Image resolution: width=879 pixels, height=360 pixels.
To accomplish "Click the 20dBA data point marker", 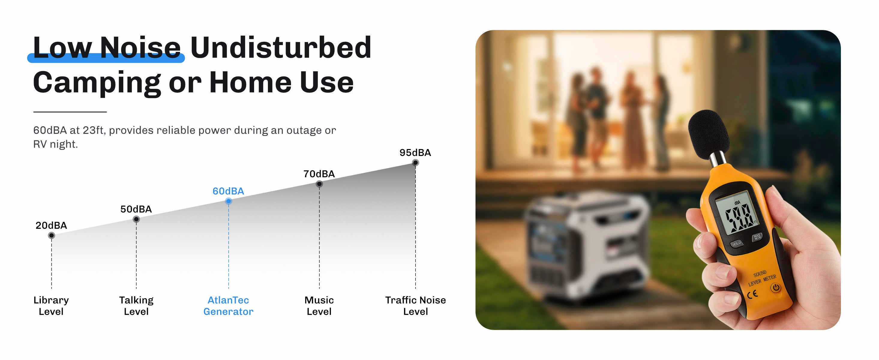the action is (52, 235).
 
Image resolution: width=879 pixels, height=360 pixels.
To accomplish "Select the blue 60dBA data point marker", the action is (229, 201).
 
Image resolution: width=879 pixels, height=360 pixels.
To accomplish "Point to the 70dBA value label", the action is (319, 174).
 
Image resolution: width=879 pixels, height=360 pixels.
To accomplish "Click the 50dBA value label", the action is (136, 209).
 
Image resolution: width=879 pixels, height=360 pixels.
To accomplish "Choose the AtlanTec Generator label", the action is (228, 306).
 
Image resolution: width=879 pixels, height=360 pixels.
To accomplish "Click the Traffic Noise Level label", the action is (415, 306).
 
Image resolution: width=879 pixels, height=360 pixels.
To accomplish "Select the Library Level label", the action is (51, 306).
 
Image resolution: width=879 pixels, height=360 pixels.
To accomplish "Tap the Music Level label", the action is (319, 306).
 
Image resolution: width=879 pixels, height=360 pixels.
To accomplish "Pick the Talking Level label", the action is (136, 306).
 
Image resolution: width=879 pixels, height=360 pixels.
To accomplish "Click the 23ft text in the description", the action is (93, 130).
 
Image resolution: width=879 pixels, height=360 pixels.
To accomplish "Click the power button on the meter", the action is (775, 288).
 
